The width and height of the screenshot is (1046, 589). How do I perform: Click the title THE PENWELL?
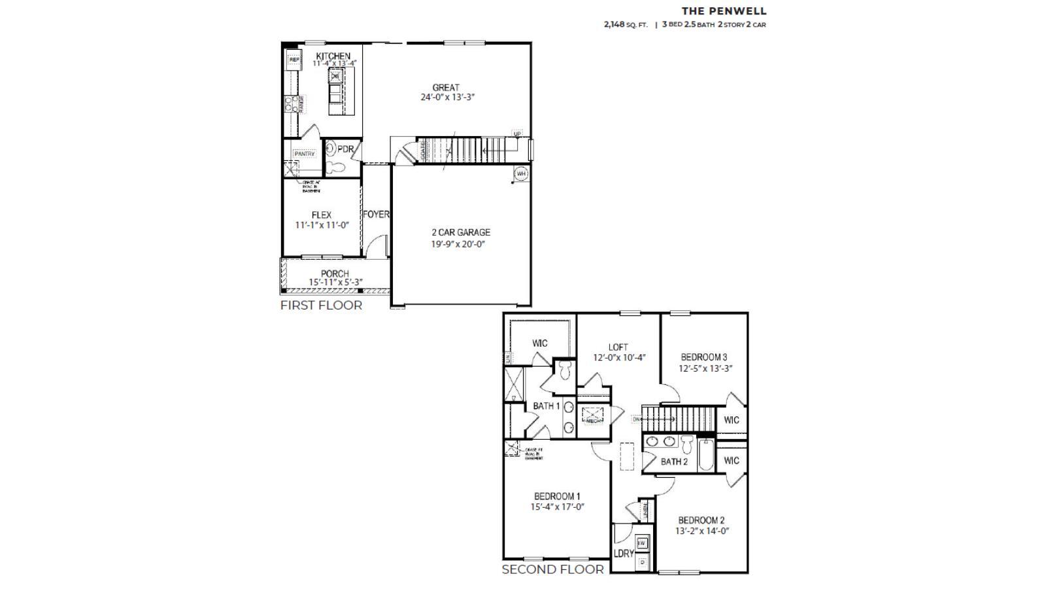point(724,11)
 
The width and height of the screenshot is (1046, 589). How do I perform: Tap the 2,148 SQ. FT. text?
point(626,25)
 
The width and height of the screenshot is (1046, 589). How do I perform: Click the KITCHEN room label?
point(333,56)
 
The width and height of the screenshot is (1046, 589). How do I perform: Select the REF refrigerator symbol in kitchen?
point(294,60)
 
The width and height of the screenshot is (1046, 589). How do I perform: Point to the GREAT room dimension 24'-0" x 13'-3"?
point(447,97)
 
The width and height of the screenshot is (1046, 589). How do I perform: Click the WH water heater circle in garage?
point(521,174)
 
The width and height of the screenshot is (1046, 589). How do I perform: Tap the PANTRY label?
point(304,154)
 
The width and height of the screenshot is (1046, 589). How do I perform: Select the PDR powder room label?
point(345,149)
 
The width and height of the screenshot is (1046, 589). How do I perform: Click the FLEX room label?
point(321,215)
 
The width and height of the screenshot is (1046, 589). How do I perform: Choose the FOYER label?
point(376,214)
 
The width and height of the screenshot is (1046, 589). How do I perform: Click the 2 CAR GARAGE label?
point(460,232)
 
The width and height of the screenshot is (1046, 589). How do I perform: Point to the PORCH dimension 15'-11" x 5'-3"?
point(336,282)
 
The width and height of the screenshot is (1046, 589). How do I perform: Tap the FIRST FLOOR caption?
point(321,305)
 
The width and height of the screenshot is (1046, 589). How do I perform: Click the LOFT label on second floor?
point(618,347)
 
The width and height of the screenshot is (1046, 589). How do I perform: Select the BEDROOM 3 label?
point(703,357)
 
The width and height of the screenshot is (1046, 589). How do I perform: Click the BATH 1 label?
point(546,406)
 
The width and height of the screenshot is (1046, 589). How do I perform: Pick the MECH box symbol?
point(593,415)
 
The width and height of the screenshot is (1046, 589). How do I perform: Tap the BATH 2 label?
point(673,461)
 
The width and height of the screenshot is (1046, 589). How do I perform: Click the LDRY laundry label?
point(624,553)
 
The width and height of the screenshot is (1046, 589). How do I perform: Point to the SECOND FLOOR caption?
point(552,569)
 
